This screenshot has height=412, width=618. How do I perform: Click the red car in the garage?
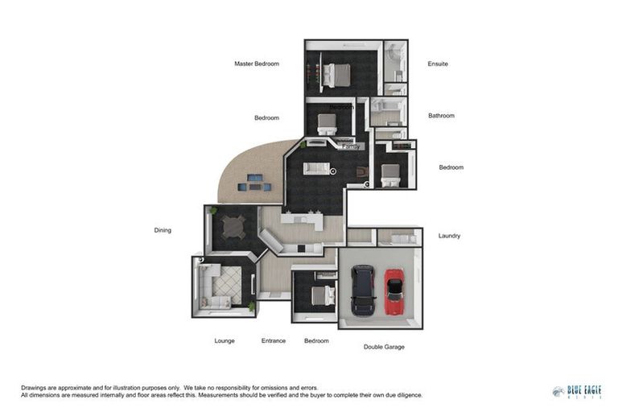click(x=393, y=291)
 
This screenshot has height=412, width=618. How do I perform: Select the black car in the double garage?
click(x=363, y=290)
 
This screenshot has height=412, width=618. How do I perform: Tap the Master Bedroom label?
click(x=257, y=64)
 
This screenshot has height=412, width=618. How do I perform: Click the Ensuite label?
click(x=438, y=64)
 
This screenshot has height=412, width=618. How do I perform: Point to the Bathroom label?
click(x=441, y=116)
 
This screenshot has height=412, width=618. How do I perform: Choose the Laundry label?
click(x=449, y=236)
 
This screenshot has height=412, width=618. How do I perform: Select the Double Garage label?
click(x=384, y=347)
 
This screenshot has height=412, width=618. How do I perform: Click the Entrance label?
click(x=274, y=340)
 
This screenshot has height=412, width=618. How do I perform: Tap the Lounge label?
click(x=225, y=340)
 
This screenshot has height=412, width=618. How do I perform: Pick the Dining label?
click(x=163, y=230)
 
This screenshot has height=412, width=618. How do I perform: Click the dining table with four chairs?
click(x=233, y=228)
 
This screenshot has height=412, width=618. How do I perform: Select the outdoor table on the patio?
click(x=254, y=182)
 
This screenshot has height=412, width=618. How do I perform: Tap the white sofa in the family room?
click(x=316, y=168)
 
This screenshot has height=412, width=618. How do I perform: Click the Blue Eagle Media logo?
click(x=576, y=392)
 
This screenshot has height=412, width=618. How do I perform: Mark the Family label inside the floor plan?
click(x=350, y=147)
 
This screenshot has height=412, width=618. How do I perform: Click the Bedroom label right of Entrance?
click(x=316, y=340)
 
